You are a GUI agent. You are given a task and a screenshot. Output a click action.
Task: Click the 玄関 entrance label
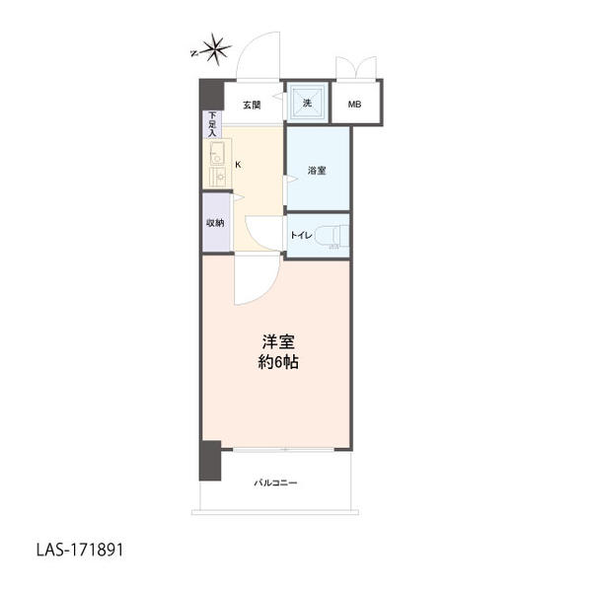coord(252,105)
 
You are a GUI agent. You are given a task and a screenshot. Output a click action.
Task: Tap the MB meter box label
coord(354,105)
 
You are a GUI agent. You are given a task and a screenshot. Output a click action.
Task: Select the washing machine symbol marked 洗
coord(307,103)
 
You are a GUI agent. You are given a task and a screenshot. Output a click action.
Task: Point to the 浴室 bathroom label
coord(317,171)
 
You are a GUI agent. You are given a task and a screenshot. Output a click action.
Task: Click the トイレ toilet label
coord(301,235)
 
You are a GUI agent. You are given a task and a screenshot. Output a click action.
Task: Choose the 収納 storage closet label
coord(215,223)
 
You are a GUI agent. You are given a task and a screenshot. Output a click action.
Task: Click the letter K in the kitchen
coord(238,165)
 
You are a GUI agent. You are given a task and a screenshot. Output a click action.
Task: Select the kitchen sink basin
coord(217,153)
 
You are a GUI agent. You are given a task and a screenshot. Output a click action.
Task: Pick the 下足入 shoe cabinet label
coord(212,124)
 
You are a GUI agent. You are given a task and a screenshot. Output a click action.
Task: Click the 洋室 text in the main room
coord(278,341)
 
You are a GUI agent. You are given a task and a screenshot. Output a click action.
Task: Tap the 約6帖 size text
coord(278,362)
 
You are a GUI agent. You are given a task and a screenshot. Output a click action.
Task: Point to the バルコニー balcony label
coord(275,482)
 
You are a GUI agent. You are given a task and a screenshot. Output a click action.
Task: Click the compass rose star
coord(215,49)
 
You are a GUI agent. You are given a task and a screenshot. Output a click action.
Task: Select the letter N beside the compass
coord(194,53)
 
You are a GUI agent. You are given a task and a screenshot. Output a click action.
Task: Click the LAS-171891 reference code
coord(80,551)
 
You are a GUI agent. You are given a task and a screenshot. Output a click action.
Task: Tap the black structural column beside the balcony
coord(210,460)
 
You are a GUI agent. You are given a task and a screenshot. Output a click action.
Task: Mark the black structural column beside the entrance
coord(212,95)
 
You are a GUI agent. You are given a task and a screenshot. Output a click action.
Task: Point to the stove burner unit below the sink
coord(217,177)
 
